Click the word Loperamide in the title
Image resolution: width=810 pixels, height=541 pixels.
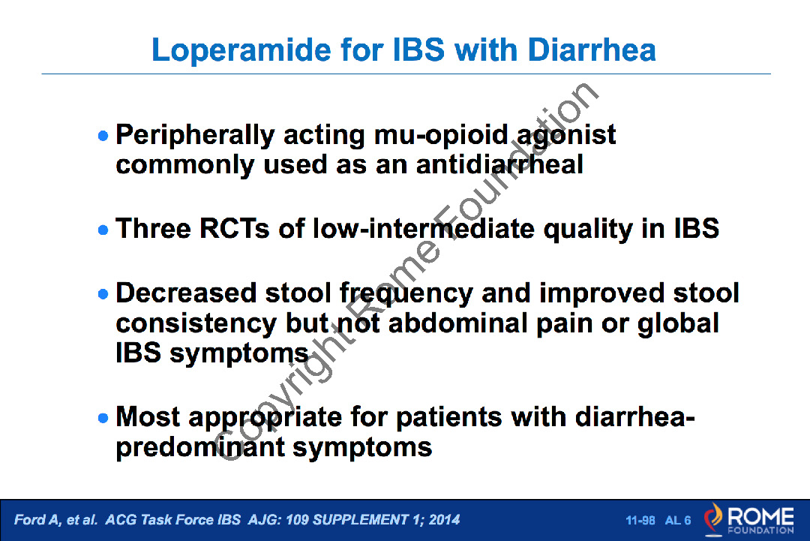(x=241, y=51)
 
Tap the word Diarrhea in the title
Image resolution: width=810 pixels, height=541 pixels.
(x=592, y=50)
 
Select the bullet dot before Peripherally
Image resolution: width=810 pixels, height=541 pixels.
(x=103, y=136)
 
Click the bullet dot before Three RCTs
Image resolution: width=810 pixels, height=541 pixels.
(x=103, y=230)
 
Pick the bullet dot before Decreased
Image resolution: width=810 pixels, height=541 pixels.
(x=103, y=294)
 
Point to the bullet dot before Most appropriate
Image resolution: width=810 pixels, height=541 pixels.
(x=103, y=417)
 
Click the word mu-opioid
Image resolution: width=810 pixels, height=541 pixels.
(x=441, y=136)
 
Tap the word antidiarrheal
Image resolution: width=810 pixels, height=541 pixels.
(x=499, y=165)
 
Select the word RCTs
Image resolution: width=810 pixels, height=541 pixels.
(x=235, y=228)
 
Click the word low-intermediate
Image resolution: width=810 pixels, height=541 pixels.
(x=424, y=228)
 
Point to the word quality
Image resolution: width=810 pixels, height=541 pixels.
(x=588, y=230)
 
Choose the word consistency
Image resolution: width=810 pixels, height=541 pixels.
(x=196, y=324)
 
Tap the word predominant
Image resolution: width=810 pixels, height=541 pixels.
(x=200, y=448)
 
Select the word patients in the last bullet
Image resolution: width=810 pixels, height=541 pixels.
(x=449, y=418)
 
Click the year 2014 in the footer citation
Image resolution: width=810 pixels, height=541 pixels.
(x=444, y=519)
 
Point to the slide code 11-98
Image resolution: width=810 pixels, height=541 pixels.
(x=640, y=520)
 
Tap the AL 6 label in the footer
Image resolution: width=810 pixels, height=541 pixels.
(x=678, y=520)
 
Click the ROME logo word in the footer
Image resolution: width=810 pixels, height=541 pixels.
(x=760, y=516)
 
